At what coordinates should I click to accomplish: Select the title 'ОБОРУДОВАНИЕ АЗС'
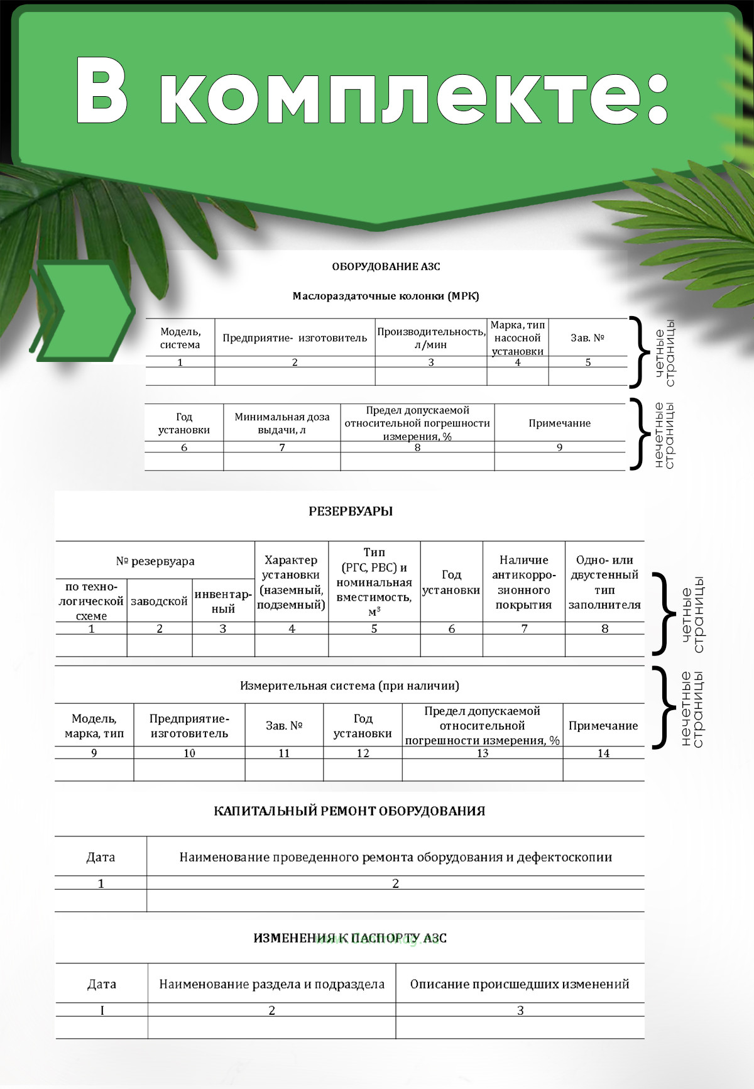click(x=386, y=266)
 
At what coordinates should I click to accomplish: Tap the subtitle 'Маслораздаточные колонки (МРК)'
click(x=386, y=296)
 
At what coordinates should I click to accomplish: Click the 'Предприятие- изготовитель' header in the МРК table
click(x=295, y=338)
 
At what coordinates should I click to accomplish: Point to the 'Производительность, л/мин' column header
click(x=431, y=338)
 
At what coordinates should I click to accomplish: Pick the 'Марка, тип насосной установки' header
click(x=517, y=338)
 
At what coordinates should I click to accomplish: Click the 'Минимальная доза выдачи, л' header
click(x=282, y=424)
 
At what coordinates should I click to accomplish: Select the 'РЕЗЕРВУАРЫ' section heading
click(x=351, y=512)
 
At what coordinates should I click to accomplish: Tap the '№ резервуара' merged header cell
click(x=155, y=561)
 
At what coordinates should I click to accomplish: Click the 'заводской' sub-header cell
click(x=159, y=601)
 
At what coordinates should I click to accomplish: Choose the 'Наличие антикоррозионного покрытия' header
click(x=524, y=583)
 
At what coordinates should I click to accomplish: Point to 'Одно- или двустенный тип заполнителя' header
click(x=604, y=583)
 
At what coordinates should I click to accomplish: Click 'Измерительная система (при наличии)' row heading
click(x=349, y=686)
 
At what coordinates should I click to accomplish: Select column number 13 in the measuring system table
click(x=483, y=753)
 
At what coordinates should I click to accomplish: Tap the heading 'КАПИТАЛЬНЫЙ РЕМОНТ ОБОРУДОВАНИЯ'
click(x=349, y=811)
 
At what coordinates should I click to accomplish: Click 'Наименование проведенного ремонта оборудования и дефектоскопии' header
click(x=396, y=857)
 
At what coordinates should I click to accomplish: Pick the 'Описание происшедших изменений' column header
click(x=520, y=984)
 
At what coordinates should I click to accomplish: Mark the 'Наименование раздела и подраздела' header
click(x=271, y=984)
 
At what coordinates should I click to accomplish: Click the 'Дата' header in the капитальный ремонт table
click(x=101, y=857)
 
